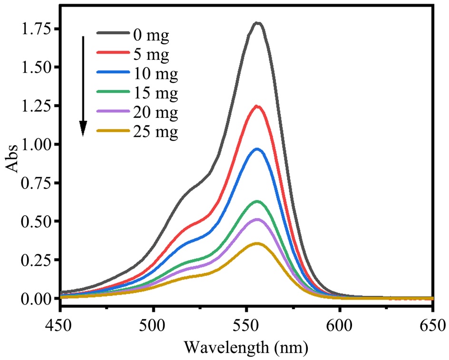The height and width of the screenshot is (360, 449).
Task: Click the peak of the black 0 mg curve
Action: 258,23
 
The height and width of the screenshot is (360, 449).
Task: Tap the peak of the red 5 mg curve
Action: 258,106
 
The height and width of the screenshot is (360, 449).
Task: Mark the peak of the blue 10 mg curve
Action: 258,149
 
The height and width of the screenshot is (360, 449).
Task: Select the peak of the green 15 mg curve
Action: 258,201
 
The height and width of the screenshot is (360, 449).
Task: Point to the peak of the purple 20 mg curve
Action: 258,219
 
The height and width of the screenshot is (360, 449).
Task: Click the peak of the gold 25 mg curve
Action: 258,243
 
